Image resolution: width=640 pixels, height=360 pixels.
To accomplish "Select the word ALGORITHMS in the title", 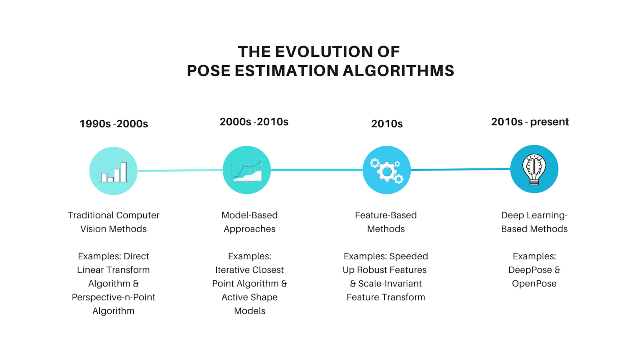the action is pos(398,71).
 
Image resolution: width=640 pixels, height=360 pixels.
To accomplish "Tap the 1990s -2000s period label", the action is pos(114,124).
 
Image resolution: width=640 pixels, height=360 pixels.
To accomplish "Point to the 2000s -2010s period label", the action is pos(254,122).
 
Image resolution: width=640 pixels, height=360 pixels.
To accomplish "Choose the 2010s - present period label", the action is pos(530,122).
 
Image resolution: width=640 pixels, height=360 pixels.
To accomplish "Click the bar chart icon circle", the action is pos(114,171).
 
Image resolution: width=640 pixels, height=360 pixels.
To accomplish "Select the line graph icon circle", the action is pos(247,170).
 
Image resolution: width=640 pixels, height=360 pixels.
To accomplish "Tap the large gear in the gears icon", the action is pos(387,172).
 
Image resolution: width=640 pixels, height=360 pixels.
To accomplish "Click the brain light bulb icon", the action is pos(534,170).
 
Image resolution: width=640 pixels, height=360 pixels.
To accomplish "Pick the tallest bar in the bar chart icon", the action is pos(124,172).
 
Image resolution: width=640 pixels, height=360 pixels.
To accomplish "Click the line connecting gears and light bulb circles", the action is pos(460,170).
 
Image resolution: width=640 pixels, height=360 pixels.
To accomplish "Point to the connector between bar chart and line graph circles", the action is pos(180,170).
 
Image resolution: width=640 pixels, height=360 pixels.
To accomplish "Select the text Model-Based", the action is pos(250,216).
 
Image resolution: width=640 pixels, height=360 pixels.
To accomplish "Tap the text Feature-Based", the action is pos(386,216).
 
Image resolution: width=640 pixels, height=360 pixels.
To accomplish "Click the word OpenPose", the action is pos(534,284).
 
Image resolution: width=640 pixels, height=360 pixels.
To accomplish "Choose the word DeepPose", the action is pos(530,270).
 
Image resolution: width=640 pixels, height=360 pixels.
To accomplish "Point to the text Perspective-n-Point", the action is pos(114,298).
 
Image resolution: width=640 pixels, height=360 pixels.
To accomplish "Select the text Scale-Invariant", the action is pos(390,284).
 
